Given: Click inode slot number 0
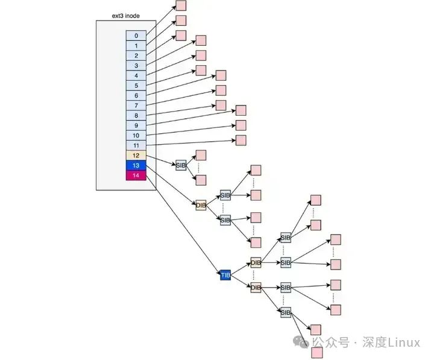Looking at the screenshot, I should click(136, 36).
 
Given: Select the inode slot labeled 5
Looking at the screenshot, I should click(136, 86).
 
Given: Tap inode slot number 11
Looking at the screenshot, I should click(136, 145).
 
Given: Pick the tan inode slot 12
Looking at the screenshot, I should click(136, 156).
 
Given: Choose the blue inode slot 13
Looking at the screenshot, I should click(136, 165).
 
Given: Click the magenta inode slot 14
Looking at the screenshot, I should click(136, 175).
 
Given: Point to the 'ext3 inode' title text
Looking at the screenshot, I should click(126, 16).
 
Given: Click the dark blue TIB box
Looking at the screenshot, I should click(226, 275).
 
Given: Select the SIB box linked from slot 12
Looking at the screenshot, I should click(181, 165).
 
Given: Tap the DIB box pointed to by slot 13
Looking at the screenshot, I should click(201, 206).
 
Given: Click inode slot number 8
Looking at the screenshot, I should click(136, 115).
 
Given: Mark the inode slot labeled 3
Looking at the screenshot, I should click(136, 66).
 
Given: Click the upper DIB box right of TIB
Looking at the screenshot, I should click(256, 263).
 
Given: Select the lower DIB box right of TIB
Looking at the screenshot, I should click(256, 288).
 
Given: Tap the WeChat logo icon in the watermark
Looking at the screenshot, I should click(303, 343).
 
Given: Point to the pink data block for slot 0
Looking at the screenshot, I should click(181, 6).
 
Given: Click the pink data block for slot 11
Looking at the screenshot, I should click(241, 140).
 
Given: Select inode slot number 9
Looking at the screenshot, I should click(136, 125).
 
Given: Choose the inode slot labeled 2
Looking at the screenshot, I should click(136, 55).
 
